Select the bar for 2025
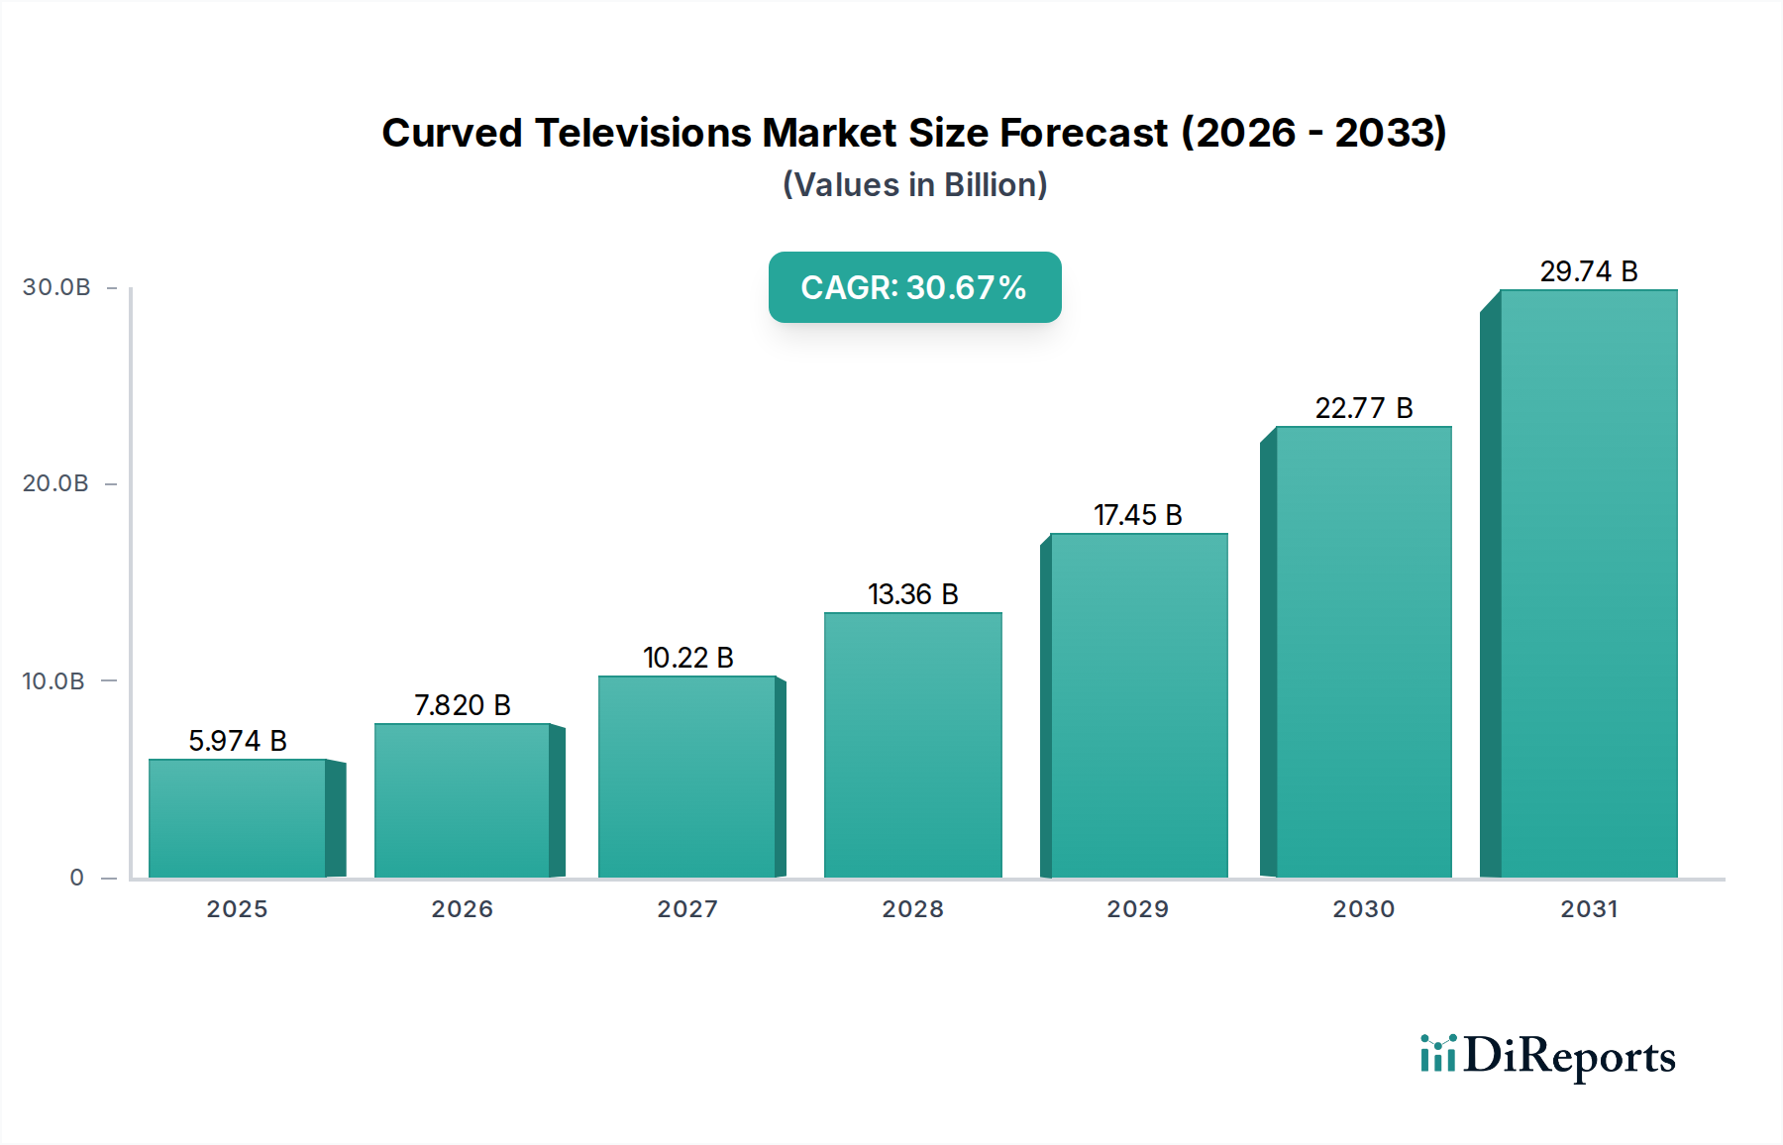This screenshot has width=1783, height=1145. [238, 818]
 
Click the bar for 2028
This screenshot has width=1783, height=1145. [912, 745]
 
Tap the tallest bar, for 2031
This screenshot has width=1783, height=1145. [1588, 583]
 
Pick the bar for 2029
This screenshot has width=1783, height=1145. [1138, 705]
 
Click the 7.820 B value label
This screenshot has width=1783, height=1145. [462, 705]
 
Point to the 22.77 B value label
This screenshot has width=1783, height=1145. [1363, 408]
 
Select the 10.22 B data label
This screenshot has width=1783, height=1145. [687, 658]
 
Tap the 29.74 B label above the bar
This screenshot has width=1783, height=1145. [1588, 271]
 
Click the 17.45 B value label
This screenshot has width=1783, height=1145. [1137, 515]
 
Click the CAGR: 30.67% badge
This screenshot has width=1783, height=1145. [914, 287]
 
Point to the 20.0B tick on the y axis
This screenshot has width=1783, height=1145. [55, 483]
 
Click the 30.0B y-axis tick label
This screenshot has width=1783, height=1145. [56, 287]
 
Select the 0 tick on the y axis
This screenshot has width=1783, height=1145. [76, 878]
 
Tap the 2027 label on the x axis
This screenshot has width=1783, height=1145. [687, 909]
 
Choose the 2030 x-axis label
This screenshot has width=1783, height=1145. [1363, 909]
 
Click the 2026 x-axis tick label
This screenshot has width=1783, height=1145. [462, 909]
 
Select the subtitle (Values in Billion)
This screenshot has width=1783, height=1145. [914, 185]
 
